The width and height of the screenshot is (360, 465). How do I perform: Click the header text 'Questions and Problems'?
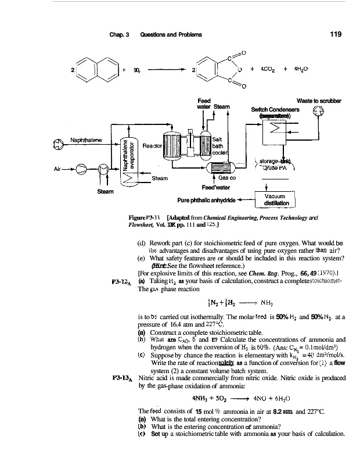tap(171, 34)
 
